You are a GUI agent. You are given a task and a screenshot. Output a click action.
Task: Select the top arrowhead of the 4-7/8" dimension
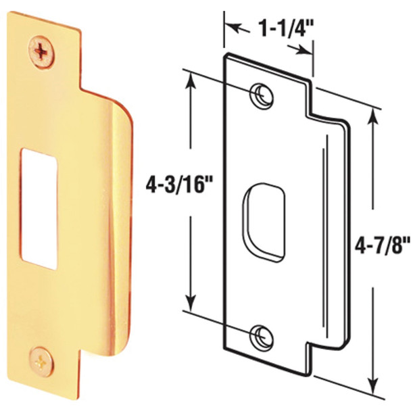coord(372,112)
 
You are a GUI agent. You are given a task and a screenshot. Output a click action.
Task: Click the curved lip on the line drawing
coord(343,237)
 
